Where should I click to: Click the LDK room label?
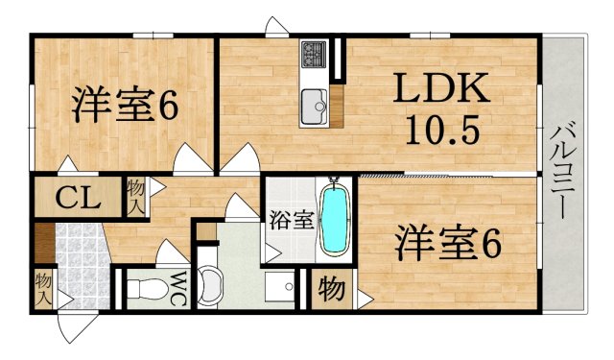(443, 91)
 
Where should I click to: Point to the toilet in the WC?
(144, 286)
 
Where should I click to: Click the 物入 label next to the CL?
(135, 196)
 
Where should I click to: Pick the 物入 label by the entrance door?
(43, 288)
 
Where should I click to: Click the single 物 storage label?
(332, 288)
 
